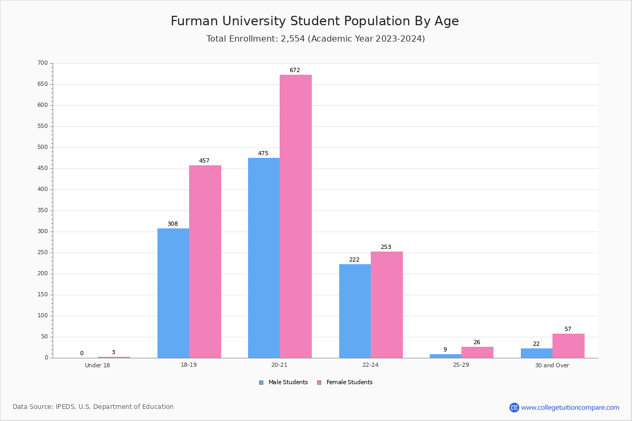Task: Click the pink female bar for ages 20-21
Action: pos(295,216)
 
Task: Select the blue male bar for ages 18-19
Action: pos(173,293)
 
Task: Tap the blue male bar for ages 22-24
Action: pos(355,310)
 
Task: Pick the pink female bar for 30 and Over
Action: pos(568,346)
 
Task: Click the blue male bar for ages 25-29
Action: pos(446,356)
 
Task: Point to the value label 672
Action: pos(295,70)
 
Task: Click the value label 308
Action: pos(173,224)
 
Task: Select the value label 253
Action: pos(386,247)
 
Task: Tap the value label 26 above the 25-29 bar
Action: pos(477,342)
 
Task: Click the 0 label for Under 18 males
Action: pos(82,353)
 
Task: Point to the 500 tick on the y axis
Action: pos(43,147)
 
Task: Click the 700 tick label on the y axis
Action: pos(43,63)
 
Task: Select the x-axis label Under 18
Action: pos(97,365)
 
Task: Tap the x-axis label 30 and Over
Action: pos(552,365)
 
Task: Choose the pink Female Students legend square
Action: pos(319,383)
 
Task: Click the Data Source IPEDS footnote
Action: pos(93,407)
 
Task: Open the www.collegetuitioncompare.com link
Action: pos(570,407)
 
